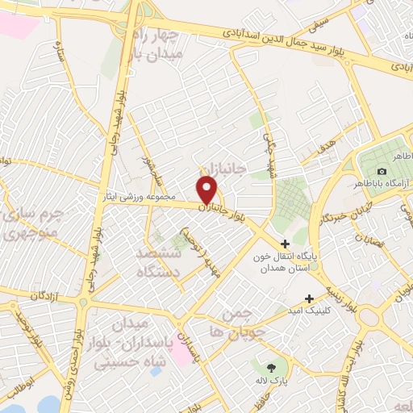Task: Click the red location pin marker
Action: [x=207, y=190]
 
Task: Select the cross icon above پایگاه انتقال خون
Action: [x=285, y=244]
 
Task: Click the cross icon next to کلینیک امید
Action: [x=309, y=298]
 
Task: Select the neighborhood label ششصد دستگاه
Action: [x=152, y=262]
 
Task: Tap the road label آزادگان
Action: [x=48, y=297]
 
